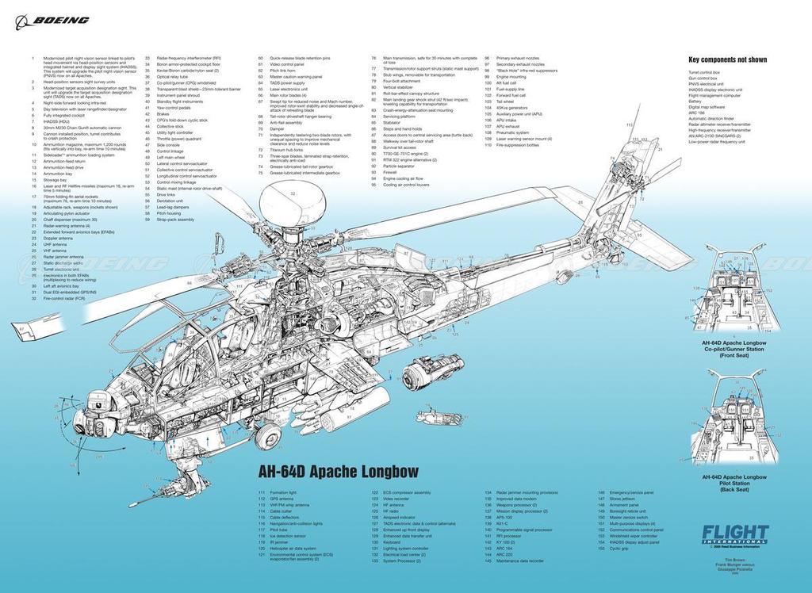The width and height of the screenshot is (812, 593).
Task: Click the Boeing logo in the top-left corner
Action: click(x=52, y=20)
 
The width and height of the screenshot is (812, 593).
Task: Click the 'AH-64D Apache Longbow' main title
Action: click(x=338, y=472)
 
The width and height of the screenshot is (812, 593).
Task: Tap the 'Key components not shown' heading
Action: click(x=727, y=59)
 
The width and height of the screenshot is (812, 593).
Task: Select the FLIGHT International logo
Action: click(x=734, y=535)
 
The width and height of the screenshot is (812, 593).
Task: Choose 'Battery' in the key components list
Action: click(x=695, y=101)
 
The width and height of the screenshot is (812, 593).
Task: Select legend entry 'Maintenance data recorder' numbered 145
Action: click(x=519, y=561)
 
